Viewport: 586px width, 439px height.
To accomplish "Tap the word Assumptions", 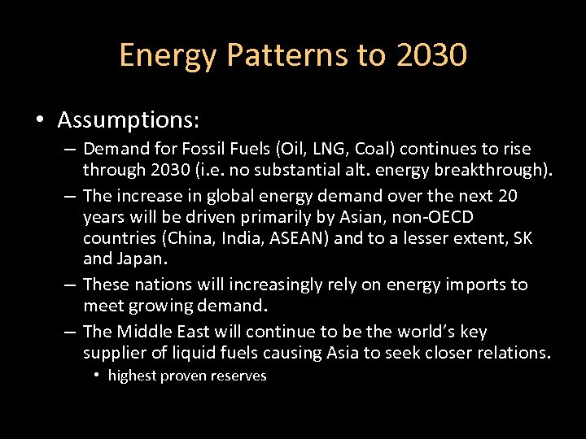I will click(129, 120).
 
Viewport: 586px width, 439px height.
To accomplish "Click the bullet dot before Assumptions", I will click(40, 121).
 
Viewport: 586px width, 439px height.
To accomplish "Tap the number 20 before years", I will click(529, 196).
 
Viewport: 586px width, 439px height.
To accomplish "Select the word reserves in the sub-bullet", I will click(238, 376).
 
